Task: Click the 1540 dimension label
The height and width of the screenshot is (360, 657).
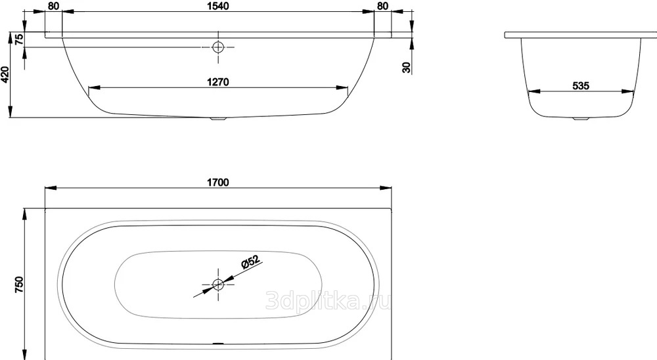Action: coord(218,6)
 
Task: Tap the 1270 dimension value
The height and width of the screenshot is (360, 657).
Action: coord(218,81)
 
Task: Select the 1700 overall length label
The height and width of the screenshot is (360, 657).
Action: coord(218,183)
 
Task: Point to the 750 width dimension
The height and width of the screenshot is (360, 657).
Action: coord(19,284)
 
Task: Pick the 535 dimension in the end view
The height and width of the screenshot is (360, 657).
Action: coord(581,86)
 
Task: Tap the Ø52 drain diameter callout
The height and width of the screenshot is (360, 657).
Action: coord(250,261)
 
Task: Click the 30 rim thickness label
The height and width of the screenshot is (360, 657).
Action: coord(407,67)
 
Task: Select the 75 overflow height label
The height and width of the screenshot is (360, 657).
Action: coord(19,39)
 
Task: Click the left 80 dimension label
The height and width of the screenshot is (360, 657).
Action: coord(54,6)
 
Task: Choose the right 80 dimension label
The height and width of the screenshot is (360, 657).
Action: coord(382,6)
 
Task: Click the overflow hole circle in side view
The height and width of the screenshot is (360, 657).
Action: coord(218,47)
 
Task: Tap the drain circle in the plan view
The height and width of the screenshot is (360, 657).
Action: coord(218,285)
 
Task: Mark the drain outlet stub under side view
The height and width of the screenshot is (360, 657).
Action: coord(218,119)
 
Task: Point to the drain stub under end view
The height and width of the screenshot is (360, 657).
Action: coord(581,119)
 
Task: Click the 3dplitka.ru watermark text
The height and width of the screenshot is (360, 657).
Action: coord(329,300)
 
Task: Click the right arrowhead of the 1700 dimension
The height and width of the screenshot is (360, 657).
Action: coord(386,188)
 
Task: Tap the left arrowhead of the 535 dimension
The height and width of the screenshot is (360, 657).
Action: coord(533,91)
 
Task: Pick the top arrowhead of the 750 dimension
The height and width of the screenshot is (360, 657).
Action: coord(26,214)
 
